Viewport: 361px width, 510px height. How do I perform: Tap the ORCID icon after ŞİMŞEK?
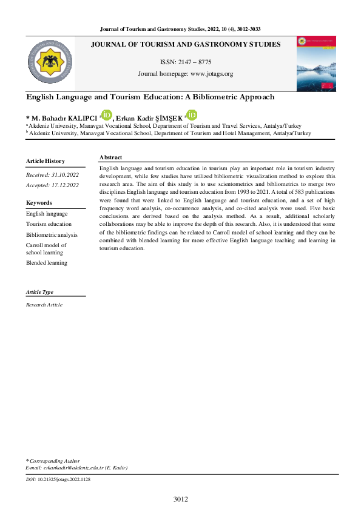coord(192,115)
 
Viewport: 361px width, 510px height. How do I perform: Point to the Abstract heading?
coord(110,157)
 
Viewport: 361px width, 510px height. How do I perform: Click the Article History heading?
coord(45,161)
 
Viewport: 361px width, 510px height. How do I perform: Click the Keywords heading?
coord(39,203)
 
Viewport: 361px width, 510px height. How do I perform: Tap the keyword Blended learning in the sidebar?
coord(47,263)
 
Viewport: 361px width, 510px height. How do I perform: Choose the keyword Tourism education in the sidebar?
coord(49,224)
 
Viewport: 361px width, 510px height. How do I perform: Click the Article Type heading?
coord(39,292)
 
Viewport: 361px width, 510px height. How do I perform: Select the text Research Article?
coord(44,305)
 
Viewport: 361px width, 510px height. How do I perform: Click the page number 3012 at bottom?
coord(180,499)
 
